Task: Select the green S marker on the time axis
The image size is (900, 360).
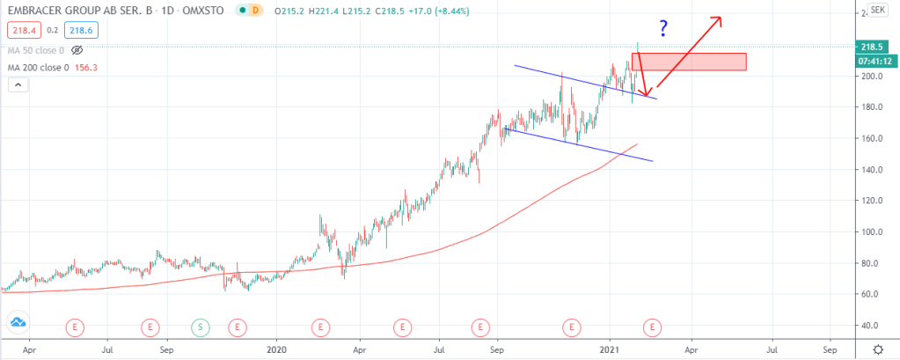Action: pyautogui.click(x=200, y=327)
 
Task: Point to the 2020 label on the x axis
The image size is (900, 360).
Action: pyautogui.click(x=277, y=349)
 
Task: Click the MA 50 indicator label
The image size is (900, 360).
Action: pyautogui.click(x=35, y=50)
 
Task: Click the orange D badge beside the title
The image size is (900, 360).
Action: pyautogui.click(x=255, y=11)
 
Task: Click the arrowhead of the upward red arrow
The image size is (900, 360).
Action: pyautogui.click(x=720, y=18)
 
